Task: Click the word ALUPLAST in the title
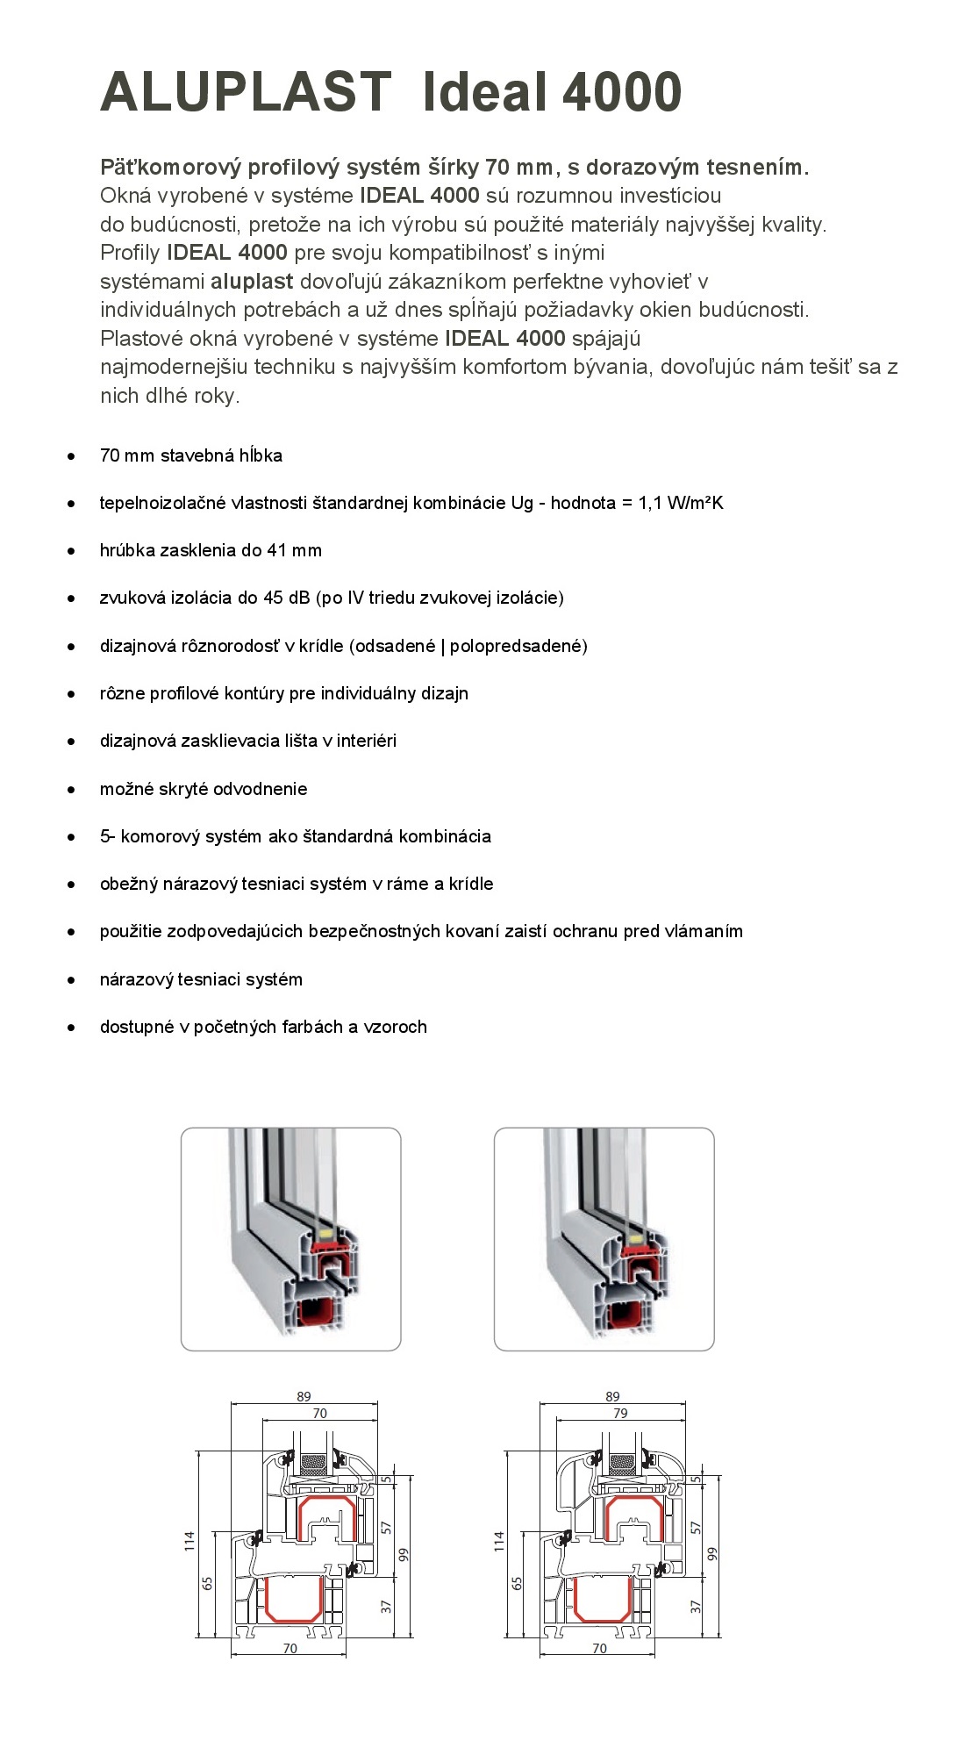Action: click(246, 92)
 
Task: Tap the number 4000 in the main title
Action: click(622, 92)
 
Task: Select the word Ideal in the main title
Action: click(485, 92)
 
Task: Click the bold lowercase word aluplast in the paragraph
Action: click(252, 282)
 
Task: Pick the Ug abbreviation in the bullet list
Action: click(522, 504)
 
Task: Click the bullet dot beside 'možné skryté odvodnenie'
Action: click(71, 790)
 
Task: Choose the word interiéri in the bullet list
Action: click(366, 742)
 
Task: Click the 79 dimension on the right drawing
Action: click(620, 1414)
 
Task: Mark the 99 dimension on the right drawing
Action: click(712, 1554)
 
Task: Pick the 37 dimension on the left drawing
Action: click(386, 1607)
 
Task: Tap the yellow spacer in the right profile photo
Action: click(637, 1234)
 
